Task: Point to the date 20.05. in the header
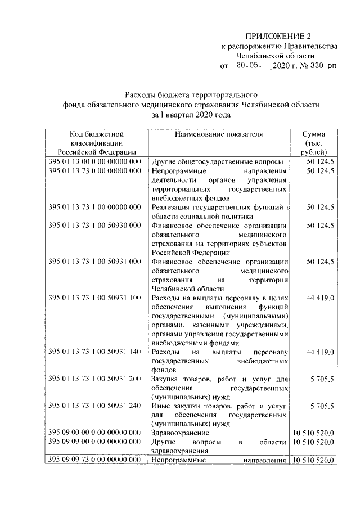(x=250, y=67)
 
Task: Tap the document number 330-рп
(x=322, y=67)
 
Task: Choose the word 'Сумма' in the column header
(x=313, y=134)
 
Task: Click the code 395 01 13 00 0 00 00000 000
(x=94, y=162)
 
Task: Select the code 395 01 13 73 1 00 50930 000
(x=94, y=225)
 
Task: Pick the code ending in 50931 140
(x=94, y=352)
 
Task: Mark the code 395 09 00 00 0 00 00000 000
(x=94, y=433)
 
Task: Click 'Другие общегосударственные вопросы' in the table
(x=217, y=162)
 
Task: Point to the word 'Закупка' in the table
(x=166, y=379)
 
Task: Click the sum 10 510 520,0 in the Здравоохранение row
(x=313, y=433)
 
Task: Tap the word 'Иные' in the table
(x=161, y=406)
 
